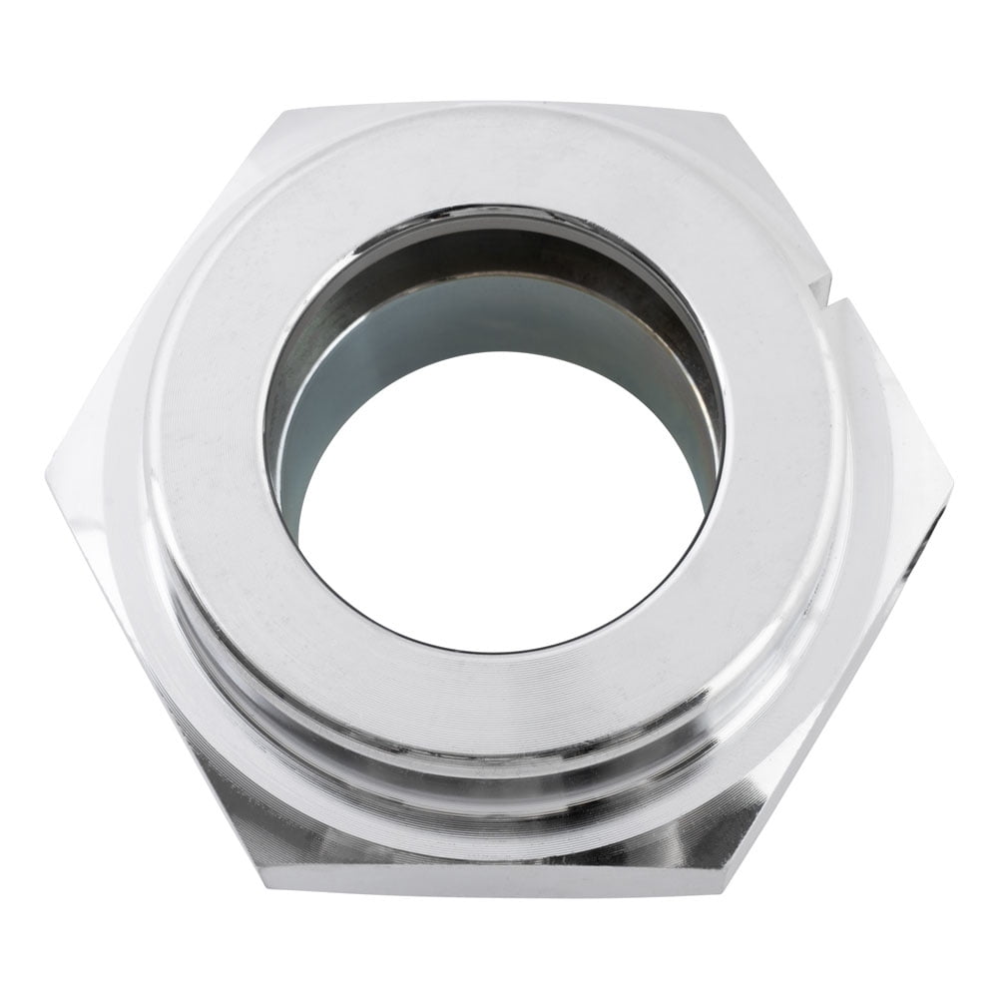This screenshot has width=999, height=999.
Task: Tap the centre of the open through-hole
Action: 499,499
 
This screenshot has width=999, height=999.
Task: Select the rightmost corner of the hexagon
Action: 951,489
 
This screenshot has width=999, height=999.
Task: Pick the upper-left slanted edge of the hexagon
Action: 160,289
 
